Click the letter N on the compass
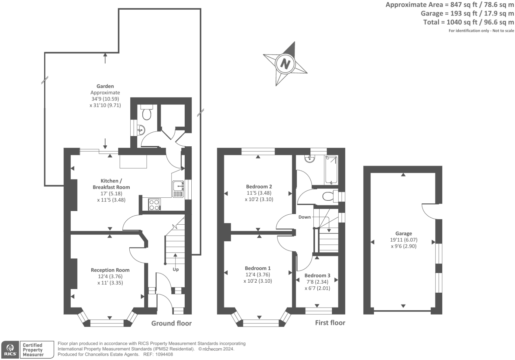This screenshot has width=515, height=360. coord(285,64)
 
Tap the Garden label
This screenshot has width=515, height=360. coord(105,86)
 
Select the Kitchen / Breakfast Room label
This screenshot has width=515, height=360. coord(111,184)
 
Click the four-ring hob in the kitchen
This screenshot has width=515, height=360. coord(154,204)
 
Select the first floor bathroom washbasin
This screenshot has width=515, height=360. coord(309,159)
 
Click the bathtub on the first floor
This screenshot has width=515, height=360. coord(331,170)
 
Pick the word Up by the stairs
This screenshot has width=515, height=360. coord(176,269)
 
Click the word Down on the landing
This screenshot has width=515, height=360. coord(304,217)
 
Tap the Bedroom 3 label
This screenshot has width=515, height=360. coord(317,275)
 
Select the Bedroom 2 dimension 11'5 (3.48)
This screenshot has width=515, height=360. coord(259,193)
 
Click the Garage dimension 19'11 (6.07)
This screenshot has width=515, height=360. coord(404,240)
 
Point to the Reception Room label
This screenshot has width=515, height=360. coord(110,270)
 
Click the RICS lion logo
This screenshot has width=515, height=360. coord(10,349)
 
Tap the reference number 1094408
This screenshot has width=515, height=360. coord(164,354)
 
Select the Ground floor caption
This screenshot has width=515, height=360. coord(171,324)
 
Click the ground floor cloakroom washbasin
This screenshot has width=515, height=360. coord(141,130)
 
